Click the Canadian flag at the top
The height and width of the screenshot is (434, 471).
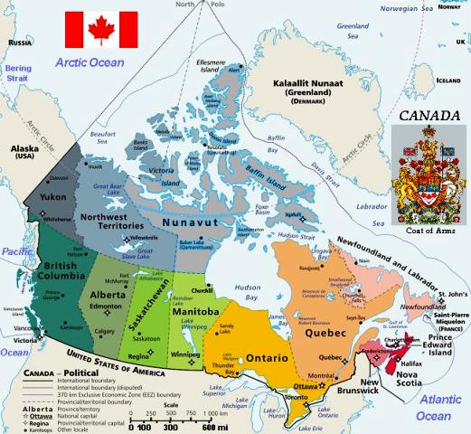point(101,30)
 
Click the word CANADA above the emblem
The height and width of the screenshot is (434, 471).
point(429,117)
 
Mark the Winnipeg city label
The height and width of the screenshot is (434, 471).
point(185,355)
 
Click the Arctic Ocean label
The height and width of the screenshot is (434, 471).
point(89,62)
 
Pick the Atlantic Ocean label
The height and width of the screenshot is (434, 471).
point(434,409)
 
